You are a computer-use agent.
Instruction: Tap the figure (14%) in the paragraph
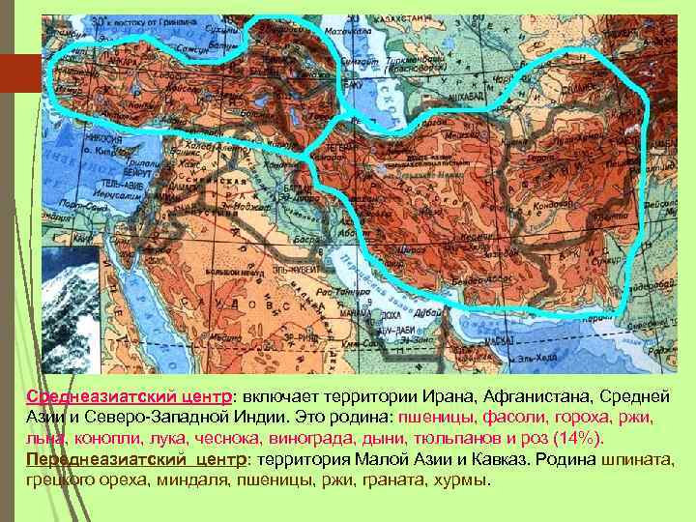pyautogui.click(x=578, y=439)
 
